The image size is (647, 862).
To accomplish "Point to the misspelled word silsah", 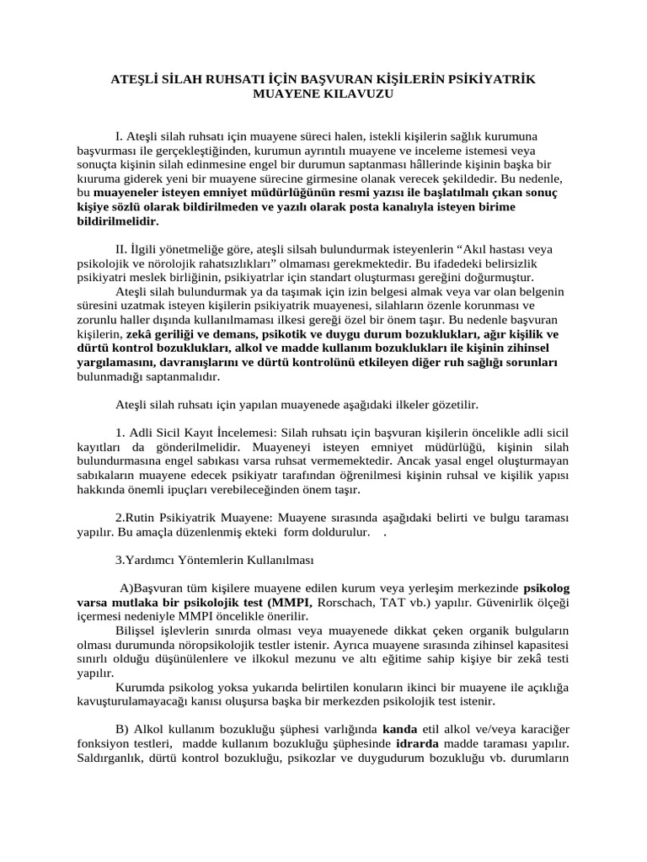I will [x=288, y=249].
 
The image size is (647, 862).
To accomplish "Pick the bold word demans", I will [x=211, y=334].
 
